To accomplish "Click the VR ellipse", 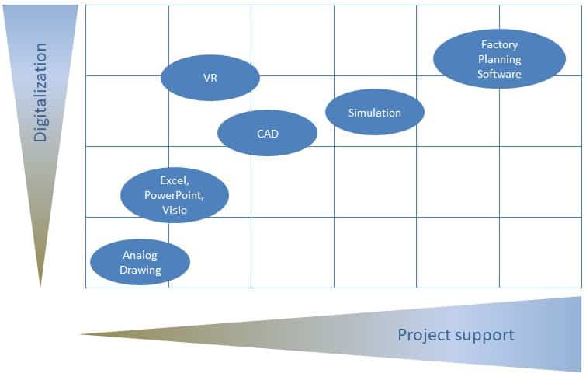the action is (x=210, y=78).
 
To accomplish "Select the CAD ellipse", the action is (x=267, y=133).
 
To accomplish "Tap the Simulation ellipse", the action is (x=375, y=112).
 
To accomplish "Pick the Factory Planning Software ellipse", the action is (x=499, y=59).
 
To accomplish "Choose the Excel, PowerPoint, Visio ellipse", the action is (x=175, y=195).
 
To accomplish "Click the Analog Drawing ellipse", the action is (x=140, y=262).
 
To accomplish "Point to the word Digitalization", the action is (x=40, y=93).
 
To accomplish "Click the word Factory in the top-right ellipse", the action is (x=499, y=45).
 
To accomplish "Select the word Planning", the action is (x=499, y=59).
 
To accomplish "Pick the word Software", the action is (x=499, y=73).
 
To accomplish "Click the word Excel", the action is (x=175, y=180).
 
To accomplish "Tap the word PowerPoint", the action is (x=174, y=195).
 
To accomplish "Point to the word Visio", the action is (x=175, y=210).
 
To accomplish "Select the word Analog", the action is (x=140, y=255).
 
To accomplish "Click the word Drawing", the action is (x=140, y=270).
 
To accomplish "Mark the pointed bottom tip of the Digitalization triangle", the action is (x=40, y=287).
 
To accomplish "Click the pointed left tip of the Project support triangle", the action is (x=81, y=334).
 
